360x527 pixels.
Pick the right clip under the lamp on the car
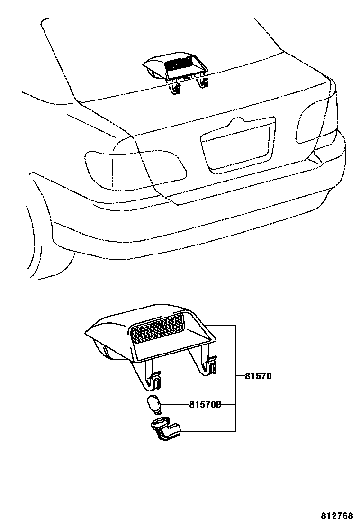(204, 83)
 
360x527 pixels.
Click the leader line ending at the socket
(208, 431)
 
